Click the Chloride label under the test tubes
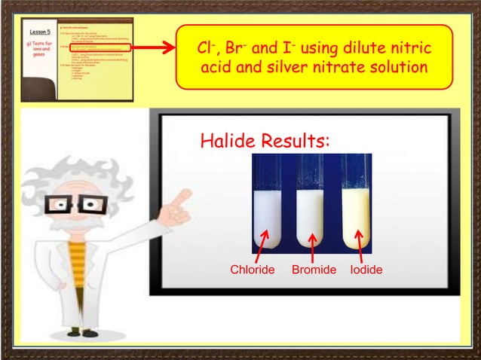[x=252, y=270]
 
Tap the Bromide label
[x=314, y=270]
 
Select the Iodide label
[x=366, y=270]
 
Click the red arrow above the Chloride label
[x=262, y=244]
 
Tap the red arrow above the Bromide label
[x=312, y=246]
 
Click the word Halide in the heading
[x=226, y=142]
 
